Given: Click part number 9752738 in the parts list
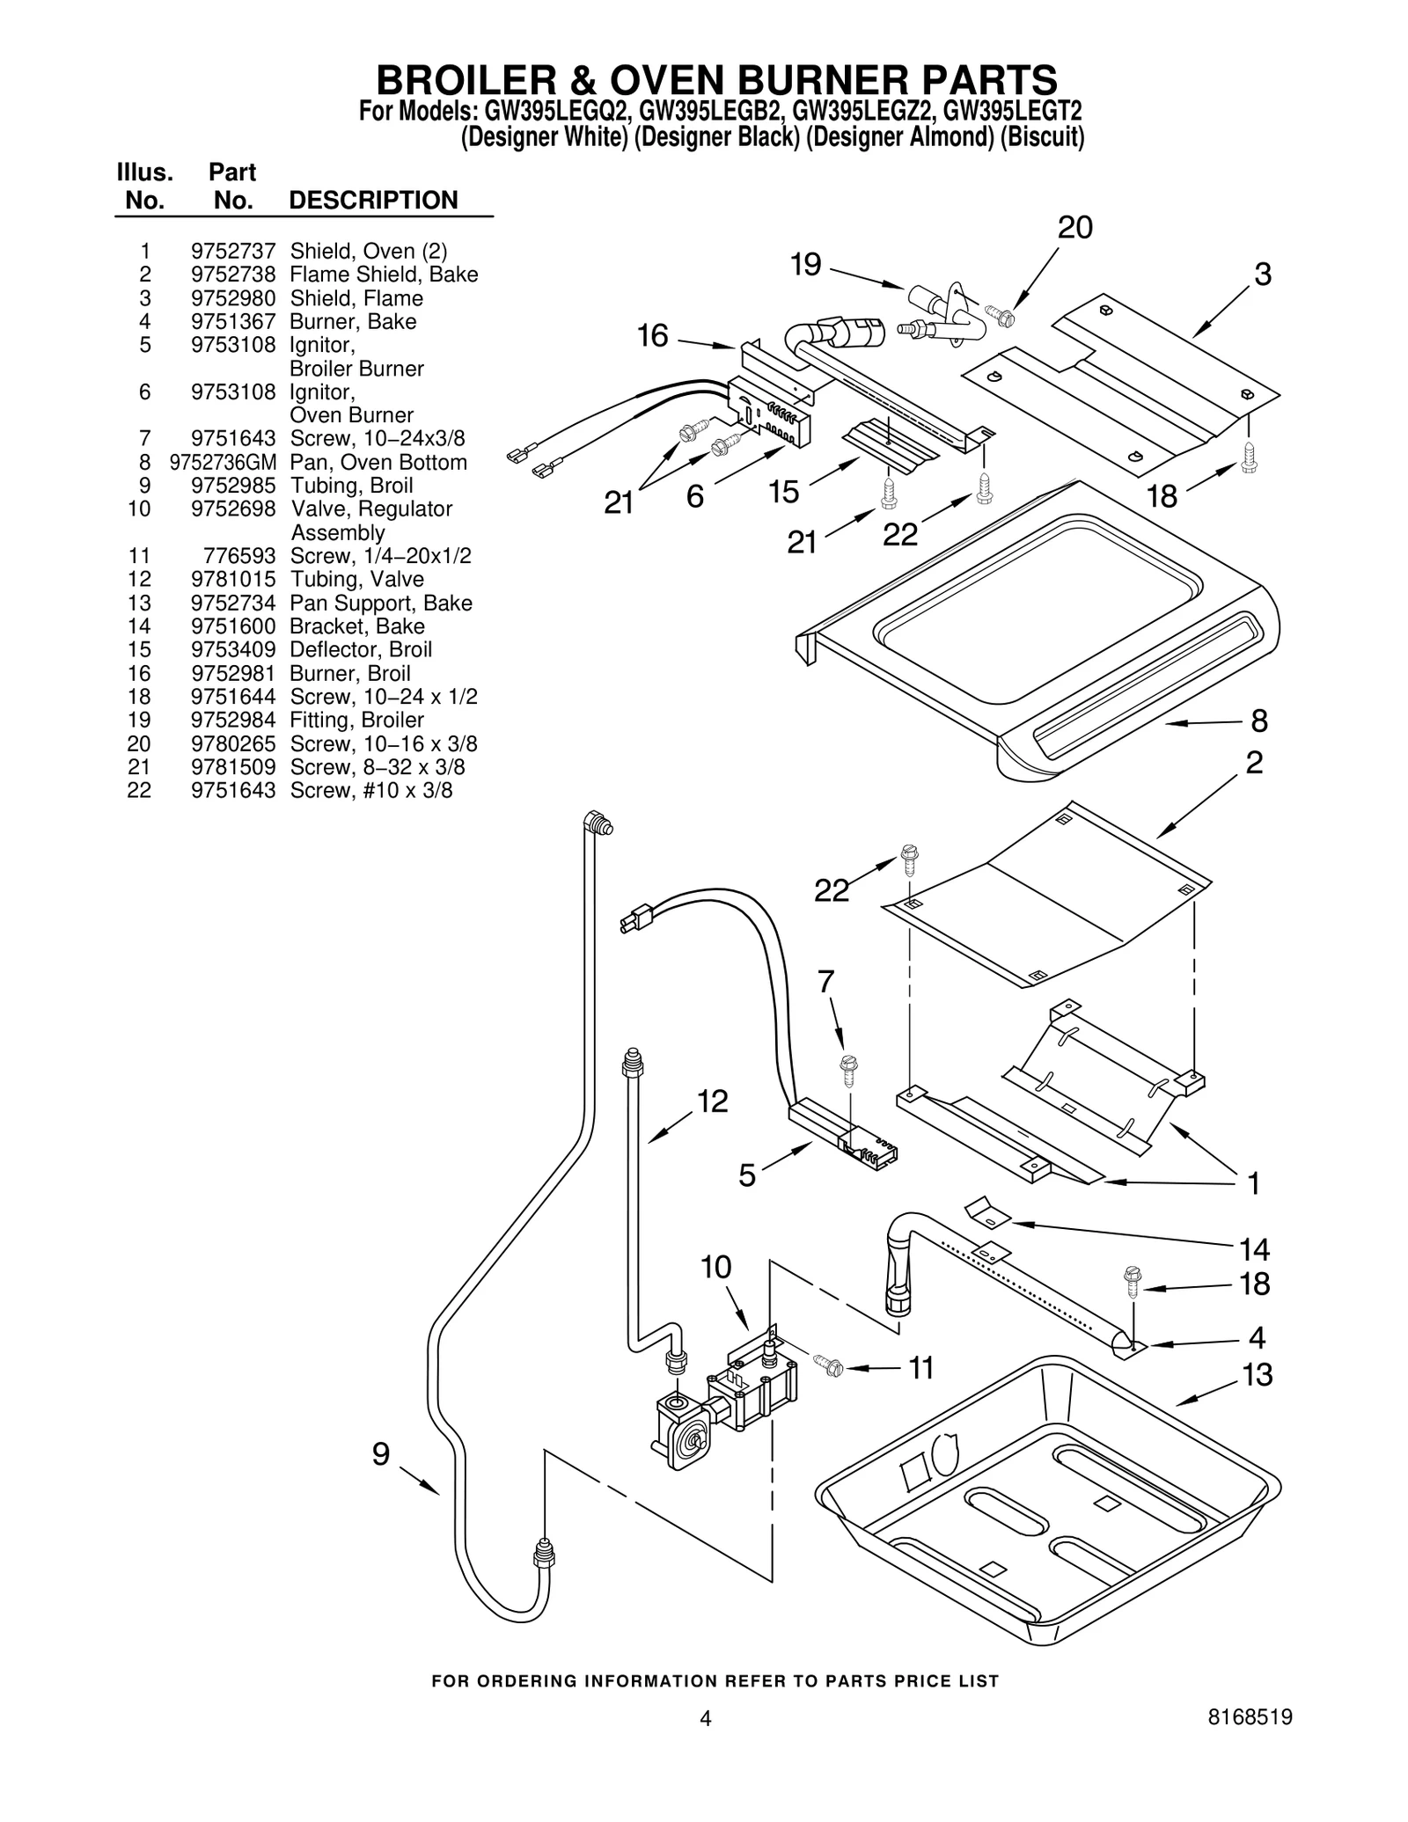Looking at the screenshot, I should (x=233, y=274).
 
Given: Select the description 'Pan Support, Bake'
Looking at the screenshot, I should (x=381, y=603).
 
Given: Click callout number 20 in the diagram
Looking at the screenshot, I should (x=1074, y=228).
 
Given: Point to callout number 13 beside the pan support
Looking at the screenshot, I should (x=1258, y=1373).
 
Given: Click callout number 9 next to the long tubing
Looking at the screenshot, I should (x=380, y=1454).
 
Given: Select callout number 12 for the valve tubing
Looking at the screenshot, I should (x=713, y=1101).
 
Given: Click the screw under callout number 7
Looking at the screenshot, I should (x=849, y=1071).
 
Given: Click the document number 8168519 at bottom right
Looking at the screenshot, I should (x=1247, y=1742).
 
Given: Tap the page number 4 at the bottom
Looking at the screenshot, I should (x=705, y=1743).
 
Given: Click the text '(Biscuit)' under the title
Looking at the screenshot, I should (x=1042, y=138).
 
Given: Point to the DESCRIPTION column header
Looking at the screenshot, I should (x=373, y=201).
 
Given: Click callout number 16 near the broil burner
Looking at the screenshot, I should (x=653, y=336).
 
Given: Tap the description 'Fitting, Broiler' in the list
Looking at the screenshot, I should (x=356, y=720).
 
